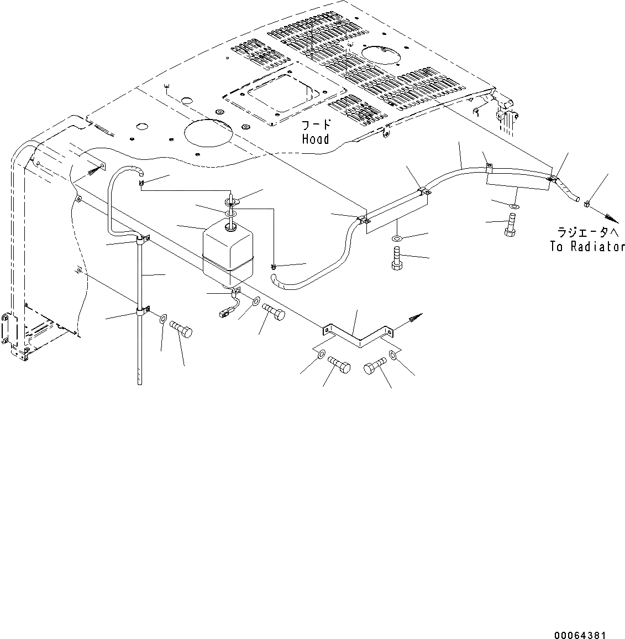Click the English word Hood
tap(316, 139)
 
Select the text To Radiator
tap(587, 247)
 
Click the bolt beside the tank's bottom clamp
tap(274, 313)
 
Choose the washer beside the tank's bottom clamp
tap(256, 302)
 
